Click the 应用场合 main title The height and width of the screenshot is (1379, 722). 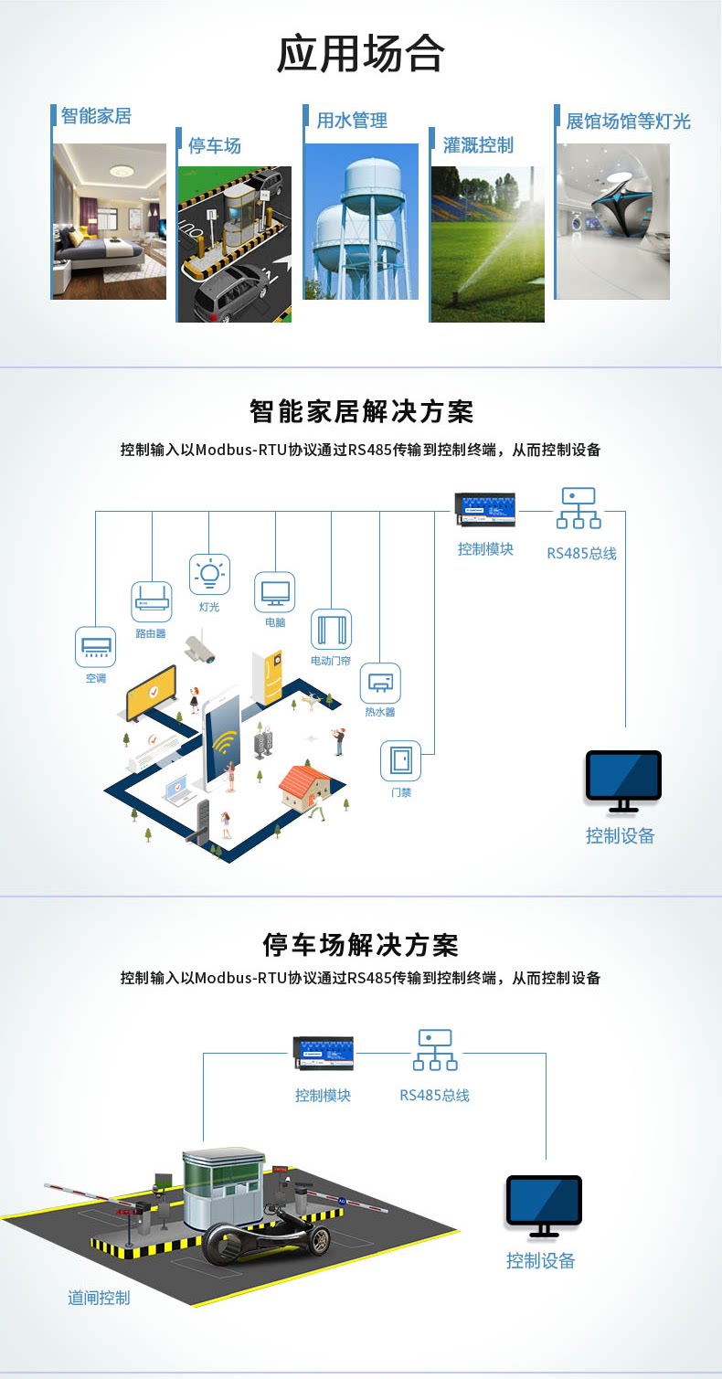(361, 54)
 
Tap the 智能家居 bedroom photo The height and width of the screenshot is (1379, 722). (110, 222)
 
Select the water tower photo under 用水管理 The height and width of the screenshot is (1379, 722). (361, 222)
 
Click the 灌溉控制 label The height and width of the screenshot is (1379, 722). (478, 145)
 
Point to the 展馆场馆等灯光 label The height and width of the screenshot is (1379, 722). (628, 122)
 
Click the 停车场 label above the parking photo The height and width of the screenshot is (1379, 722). (214, 146)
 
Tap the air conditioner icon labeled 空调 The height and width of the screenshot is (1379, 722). (95, 647)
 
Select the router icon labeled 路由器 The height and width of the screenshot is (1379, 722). (152, 601)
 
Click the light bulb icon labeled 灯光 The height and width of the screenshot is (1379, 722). (210, 575)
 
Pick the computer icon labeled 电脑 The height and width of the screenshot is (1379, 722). (274, 592)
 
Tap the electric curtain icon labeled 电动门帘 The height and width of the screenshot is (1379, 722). (331, 629)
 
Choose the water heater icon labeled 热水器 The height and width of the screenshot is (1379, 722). (380, 684)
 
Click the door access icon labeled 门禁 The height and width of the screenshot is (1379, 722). (400, 761)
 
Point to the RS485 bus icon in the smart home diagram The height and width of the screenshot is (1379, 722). (579, 508)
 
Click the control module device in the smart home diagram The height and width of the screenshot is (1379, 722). (485, 510)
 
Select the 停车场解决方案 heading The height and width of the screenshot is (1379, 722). (361, 945)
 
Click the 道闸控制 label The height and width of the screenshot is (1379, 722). (99, 1298)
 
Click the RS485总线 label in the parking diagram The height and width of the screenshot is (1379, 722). (434, 1095)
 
